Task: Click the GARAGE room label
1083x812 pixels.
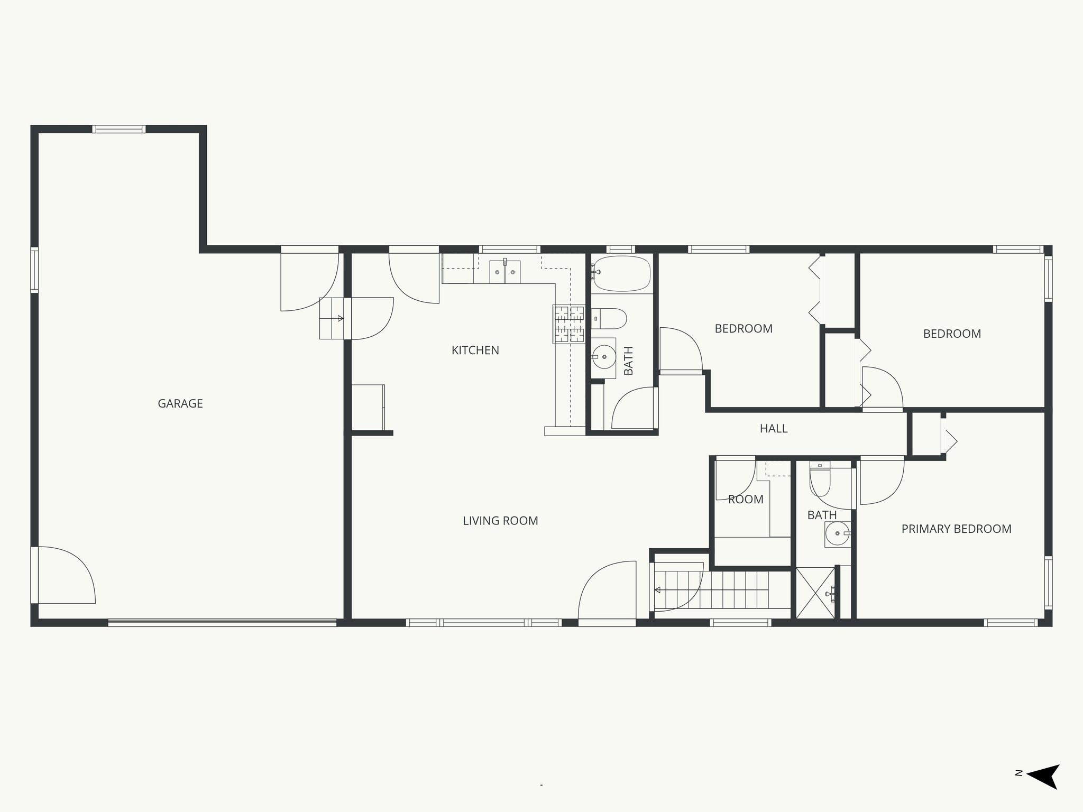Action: [x=180, y=403]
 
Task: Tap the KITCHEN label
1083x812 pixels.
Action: [x=475, y=350]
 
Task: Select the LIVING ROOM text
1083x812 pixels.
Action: [x=500, y=521]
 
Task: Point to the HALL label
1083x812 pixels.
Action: [x=773, y=429]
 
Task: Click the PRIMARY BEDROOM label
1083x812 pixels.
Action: [x=956, y=529]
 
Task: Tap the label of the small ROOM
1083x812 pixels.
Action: [x=746, y=499]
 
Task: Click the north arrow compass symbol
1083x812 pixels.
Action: [x=1042, y=791]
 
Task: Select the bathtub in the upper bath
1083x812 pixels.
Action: [x=621, y=273]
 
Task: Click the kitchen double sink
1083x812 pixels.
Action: [x=504, y=272]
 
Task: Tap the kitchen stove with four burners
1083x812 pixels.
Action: [x=569, y=324]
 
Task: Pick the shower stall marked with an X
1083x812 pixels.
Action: [x=815, y=592]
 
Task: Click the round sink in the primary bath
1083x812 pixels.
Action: [x=838, y=534]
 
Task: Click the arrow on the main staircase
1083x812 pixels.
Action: [x=658, y=590]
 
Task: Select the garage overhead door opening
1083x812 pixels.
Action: [x=222, y=623]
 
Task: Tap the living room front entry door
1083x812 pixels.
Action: [x=607, y=592]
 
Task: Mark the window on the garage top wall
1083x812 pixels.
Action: [x=118, y=129]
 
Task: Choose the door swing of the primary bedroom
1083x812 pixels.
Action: [x=881, y=481]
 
